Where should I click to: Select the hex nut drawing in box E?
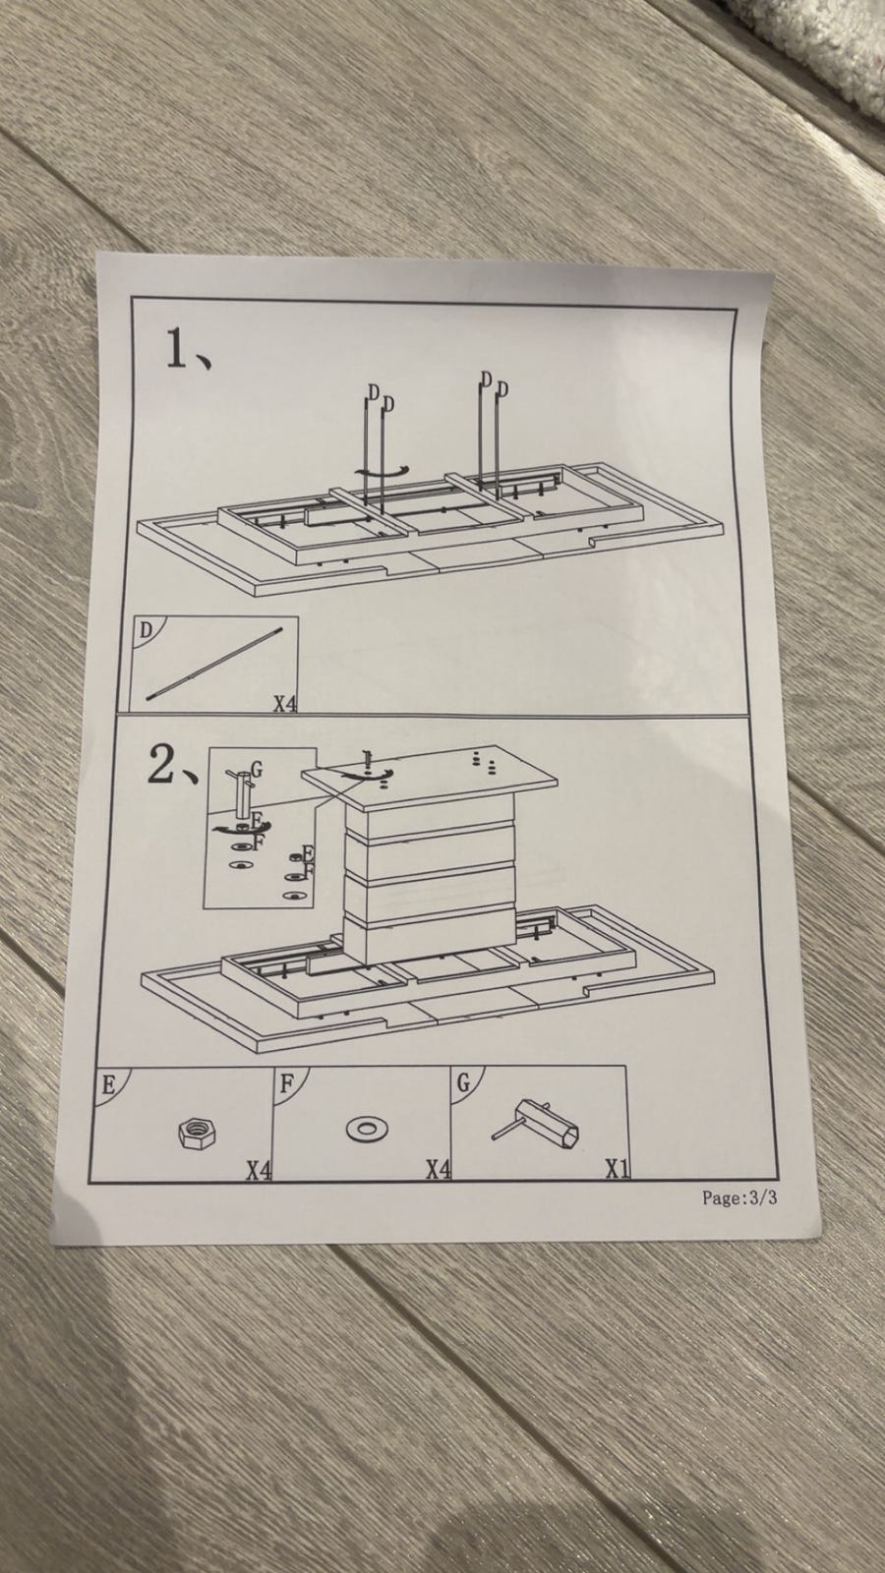197,1133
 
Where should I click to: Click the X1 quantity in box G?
618,1169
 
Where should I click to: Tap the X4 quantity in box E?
258,1170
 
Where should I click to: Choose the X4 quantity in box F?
439,1169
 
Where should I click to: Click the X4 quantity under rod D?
284,704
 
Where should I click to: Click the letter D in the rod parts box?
145,630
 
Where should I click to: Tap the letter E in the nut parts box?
108,1085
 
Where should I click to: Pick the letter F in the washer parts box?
286,1084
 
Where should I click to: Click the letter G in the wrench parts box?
463,1082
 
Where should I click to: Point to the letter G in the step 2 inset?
257,770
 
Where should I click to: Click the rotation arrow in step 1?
382,473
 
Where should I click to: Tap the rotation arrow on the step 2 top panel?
367,774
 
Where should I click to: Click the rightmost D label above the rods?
502,388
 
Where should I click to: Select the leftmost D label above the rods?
374,391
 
